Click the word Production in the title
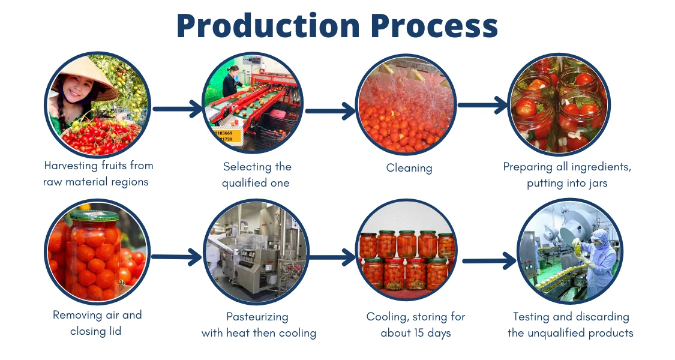(268, 26)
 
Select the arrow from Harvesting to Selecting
(178, 109)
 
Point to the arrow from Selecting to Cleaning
(331, 110)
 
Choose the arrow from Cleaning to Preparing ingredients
(484, 105)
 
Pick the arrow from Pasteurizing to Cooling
(331, 257)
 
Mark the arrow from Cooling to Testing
(488, 260)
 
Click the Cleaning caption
(409, 168)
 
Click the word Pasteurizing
(257, 317)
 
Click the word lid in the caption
(113, 331)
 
